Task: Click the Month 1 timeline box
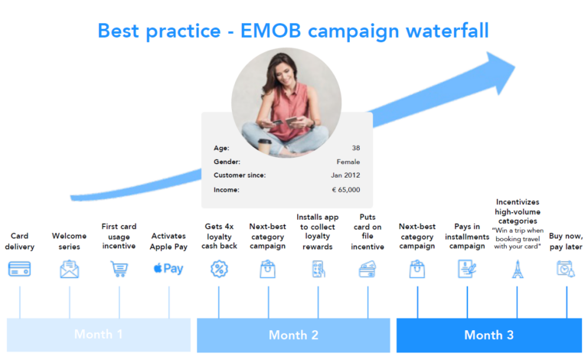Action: coord(98,335)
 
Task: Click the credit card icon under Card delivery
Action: coord(19,269)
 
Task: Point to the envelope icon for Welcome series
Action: coord(70,269)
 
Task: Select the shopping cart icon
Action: coord(119,269)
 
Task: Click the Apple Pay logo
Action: coord(168,269)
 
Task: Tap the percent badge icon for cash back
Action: coord(219,269)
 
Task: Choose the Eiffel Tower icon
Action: coord(517,269)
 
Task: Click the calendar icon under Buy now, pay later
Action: coord(566,269)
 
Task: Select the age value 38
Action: coord(355,147)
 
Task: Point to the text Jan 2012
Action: coord(346,175)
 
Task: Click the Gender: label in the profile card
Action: coord(227,162)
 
